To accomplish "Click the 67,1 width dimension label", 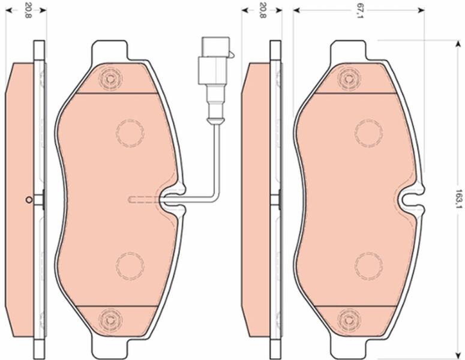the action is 359,11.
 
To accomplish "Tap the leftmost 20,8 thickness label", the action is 28,11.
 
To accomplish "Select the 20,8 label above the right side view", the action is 262,11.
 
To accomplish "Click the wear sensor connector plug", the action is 215,61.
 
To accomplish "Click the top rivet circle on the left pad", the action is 110,79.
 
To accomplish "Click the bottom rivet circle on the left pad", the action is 110,320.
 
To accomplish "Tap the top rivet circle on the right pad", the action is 349,79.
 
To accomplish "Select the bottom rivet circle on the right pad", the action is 349,320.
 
